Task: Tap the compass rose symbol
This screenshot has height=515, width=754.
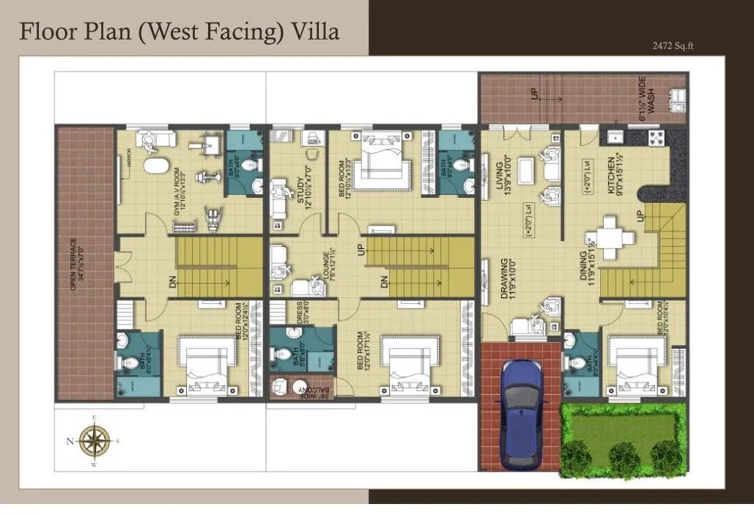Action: [94, 441]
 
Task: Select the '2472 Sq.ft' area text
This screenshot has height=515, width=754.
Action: [673, 45]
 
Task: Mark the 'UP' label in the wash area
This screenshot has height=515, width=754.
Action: [535, 93]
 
